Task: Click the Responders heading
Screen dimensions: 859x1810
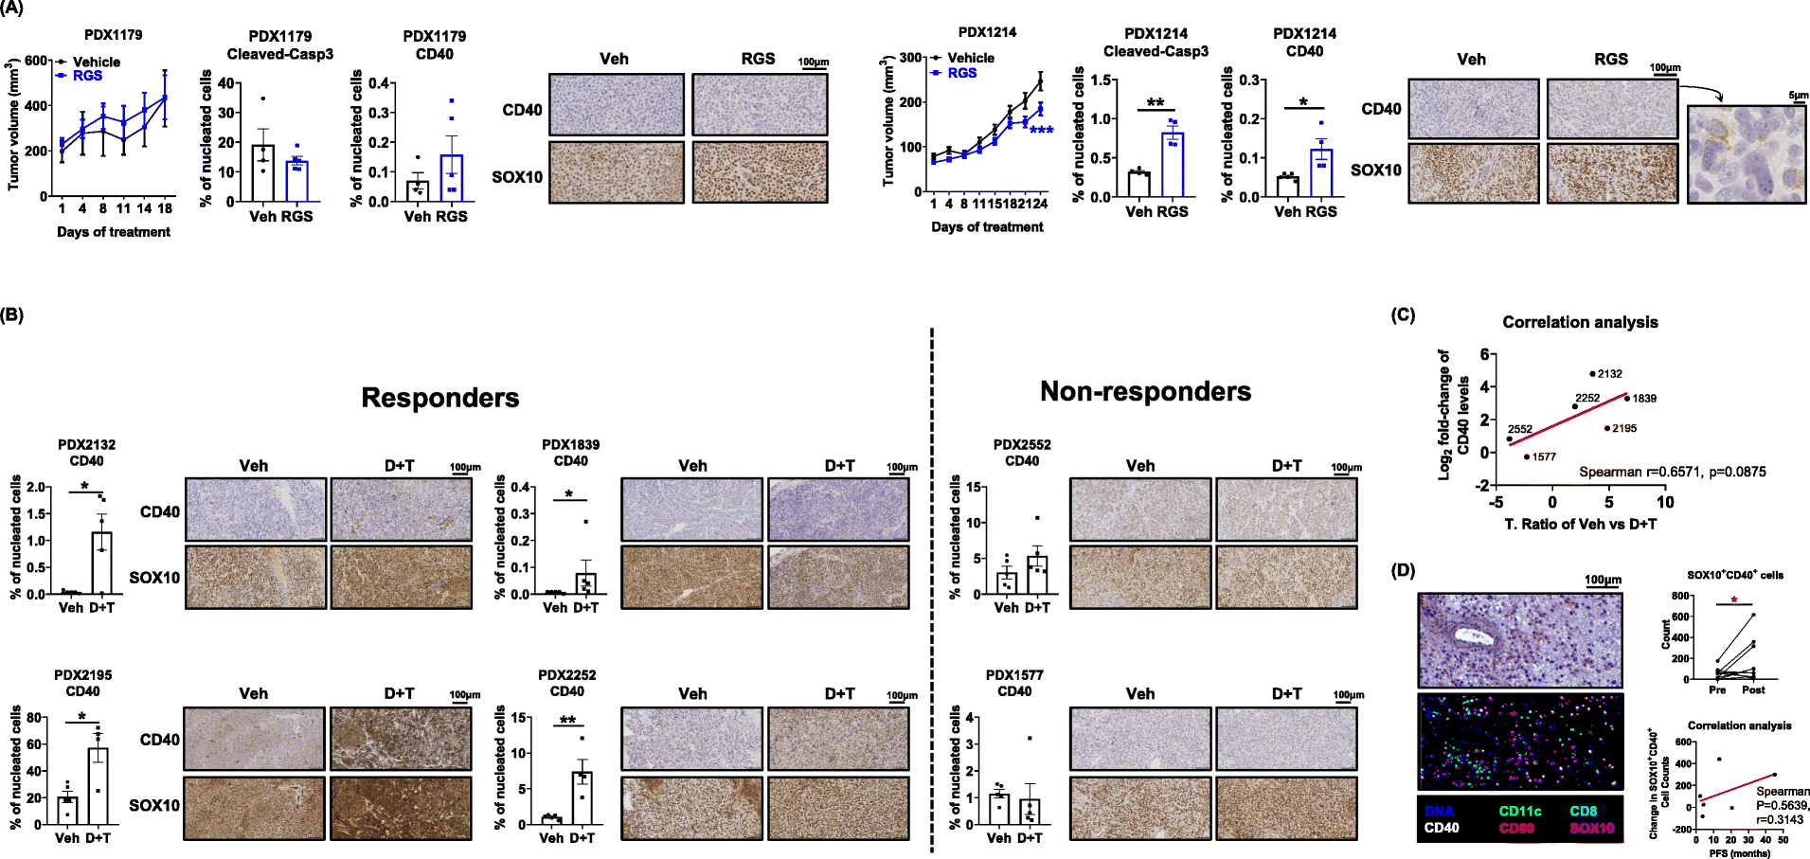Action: (439, 398)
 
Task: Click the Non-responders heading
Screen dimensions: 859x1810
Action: (1145, 391)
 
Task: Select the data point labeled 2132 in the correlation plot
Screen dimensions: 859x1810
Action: (1592, 373)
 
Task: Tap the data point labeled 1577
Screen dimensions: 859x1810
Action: (1527, 456)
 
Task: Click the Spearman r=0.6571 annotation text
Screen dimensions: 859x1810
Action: (1672, 472)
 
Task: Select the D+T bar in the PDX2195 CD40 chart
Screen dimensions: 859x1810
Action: (98, 786)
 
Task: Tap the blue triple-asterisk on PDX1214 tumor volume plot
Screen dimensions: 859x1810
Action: (1041, 131)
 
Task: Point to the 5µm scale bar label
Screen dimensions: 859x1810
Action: (1798, 96)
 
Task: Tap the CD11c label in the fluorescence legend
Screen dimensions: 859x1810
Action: (1519, 811)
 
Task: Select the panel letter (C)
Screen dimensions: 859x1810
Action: (1403, 315)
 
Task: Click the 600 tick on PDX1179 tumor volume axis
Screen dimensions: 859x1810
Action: (36, 61)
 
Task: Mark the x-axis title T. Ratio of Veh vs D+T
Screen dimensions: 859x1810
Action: (1580, 524)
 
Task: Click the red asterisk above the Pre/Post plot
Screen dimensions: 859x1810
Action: (1733, 600)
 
